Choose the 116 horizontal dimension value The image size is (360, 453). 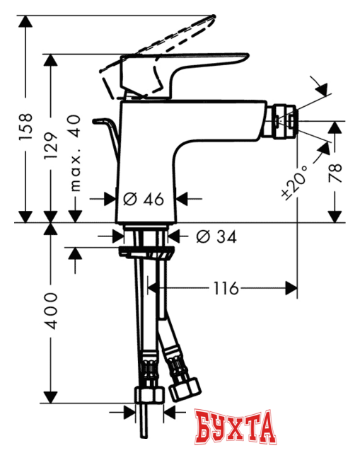pos(226,287)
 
